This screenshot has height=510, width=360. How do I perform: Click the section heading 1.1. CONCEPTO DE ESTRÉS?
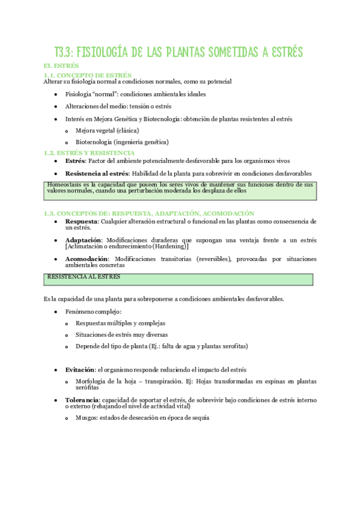pos(88,75)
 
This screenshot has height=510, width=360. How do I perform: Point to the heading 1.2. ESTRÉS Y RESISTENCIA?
pos(89,153)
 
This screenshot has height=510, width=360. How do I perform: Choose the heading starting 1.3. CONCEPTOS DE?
pos(149,213)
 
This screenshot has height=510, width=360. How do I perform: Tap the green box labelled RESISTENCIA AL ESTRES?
pos(178,280)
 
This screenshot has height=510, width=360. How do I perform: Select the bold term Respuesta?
pos(82,221)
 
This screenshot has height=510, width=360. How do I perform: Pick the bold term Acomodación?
pos(87,259)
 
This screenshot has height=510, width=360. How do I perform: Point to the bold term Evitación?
pos(80,369)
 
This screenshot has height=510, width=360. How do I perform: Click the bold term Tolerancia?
pos(82,399)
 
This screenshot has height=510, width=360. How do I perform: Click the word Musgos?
pos(87,418)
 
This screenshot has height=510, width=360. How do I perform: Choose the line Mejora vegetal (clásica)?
pos(108,131)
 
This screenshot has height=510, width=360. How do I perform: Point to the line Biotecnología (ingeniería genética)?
pos(122,143)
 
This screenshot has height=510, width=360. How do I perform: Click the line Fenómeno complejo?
pos(93,312)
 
